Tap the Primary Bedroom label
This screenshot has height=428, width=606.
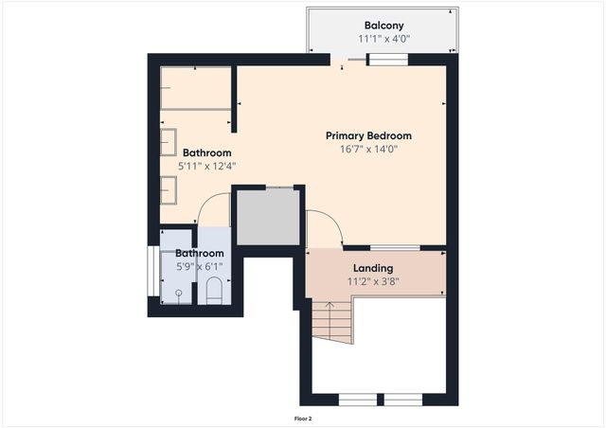[x=368, y=135]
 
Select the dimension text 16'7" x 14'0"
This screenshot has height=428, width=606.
[x=368, y=149]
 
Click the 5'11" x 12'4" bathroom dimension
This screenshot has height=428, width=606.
[x=206, y=166]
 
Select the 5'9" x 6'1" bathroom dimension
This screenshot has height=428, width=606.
[x=199, y=267]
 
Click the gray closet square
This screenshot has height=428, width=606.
[x=267, y=217]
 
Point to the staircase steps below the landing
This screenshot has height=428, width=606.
[x=330, y=322]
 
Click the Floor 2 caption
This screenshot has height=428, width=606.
[x=303, y=418]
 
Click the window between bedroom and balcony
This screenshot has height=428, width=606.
[x=387, y=60]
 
